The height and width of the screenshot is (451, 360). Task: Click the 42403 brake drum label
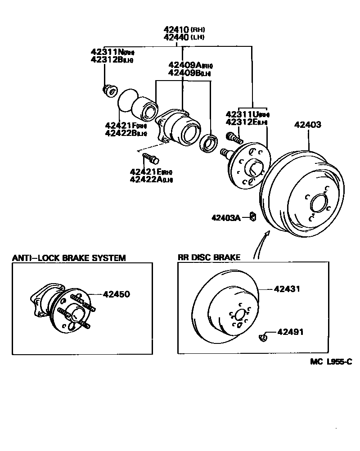(x=308, y=125)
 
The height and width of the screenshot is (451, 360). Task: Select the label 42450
(x=116, y=294)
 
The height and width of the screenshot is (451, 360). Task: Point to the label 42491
(x=290, y=332)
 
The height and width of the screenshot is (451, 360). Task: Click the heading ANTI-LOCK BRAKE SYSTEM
(x=68, y=258)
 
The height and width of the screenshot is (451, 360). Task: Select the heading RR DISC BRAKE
(x=209, y=257)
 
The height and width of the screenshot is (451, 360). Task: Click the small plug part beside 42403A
(x=253, y=217)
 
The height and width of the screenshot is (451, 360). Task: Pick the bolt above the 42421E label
(x=150, y=158)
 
